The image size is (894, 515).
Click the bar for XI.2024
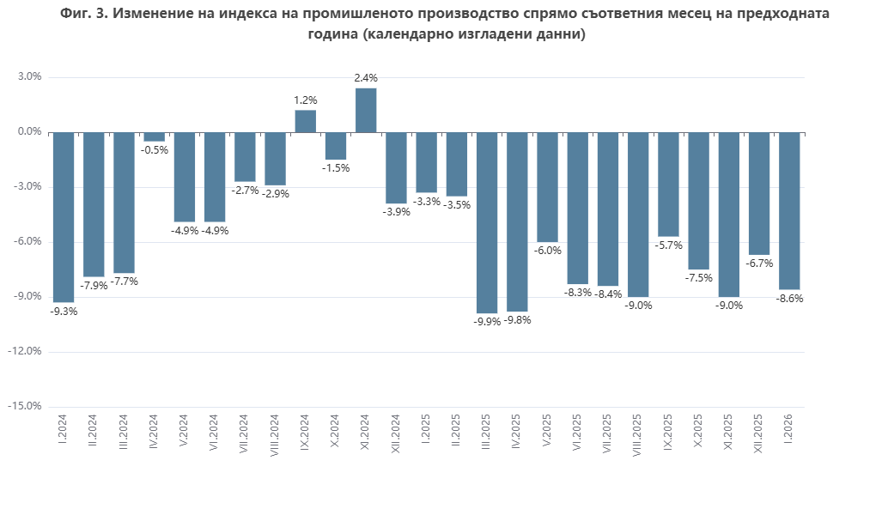tap(366, 110)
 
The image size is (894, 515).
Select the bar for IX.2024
tap(306, 121)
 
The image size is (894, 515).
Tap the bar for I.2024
tap(64, 217)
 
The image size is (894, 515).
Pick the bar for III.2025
tap(487, 222)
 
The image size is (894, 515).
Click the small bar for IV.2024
tap(155, 136)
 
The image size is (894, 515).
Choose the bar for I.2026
tap(789, 210)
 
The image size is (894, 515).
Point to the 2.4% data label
tap(366, 78)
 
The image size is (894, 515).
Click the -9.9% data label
tap(487, 321)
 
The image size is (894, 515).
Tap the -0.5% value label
tap(155, 149)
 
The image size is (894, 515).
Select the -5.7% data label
tap(668, 245)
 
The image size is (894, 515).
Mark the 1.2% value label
tap(306, 100)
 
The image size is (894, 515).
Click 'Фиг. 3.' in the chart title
tap(86, 15)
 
